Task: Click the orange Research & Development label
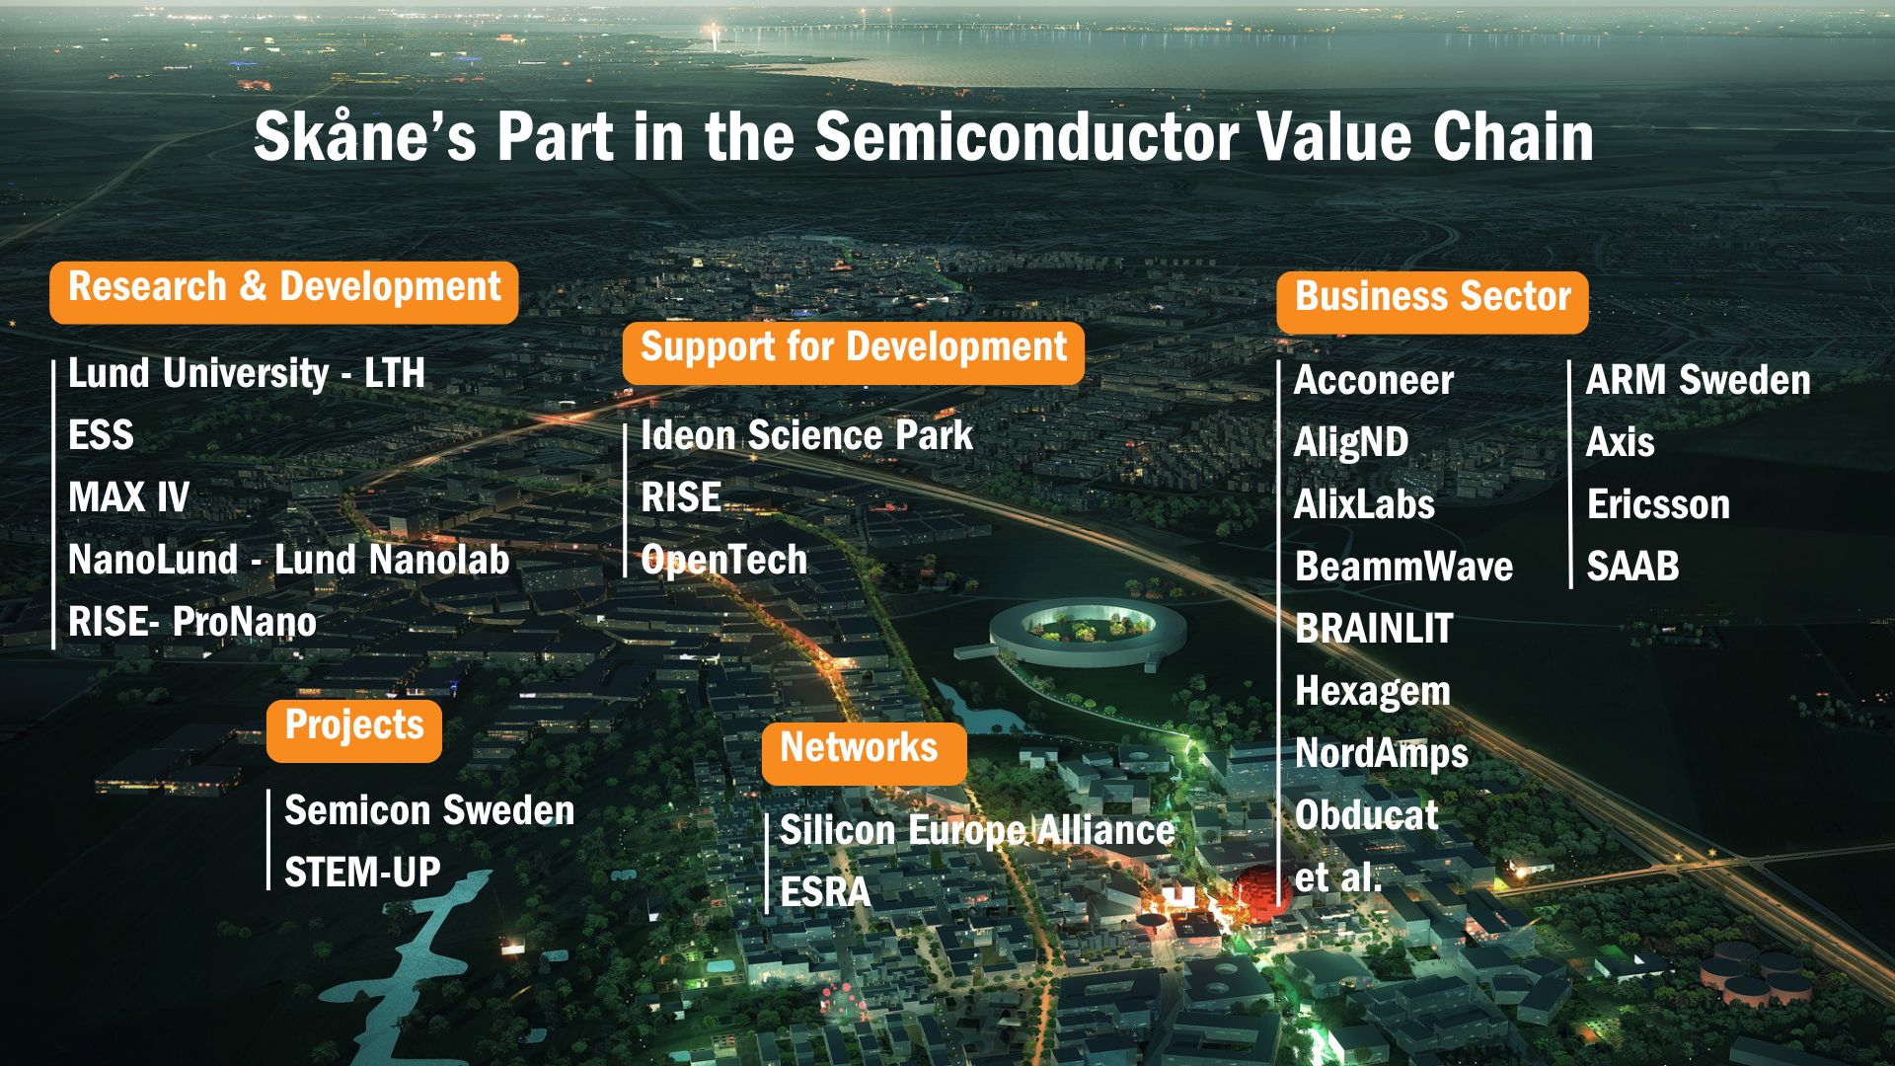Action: point(284,292)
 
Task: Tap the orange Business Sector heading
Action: point(1432,302)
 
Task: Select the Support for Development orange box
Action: point(854,352)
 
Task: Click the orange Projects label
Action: point(354,730)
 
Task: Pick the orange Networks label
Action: point(864,753)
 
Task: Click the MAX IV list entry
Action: point(128,497)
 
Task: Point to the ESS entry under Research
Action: point(101,435)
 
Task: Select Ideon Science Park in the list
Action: point(806,435)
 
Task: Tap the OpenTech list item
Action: point(723,560)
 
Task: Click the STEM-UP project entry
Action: point(362,873)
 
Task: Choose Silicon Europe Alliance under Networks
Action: point(977,830)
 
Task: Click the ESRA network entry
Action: point(825,892)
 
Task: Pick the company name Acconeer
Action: point(1373,381)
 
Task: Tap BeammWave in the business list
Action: point(1403,567)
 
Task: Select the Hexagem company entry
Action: point(1372,692)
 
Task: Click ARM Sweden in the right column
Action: point(1699,380)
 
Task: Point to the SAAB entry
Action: point(1632,567)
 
